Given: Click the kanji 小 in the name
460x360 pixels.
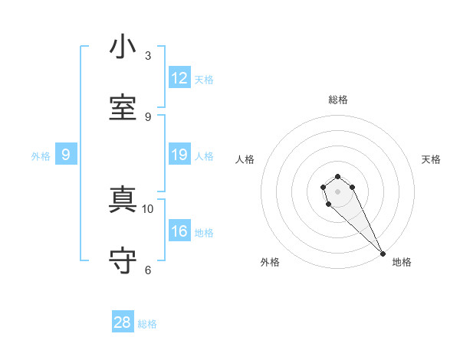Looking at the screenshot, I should pyautogui.click(x=123, y=47).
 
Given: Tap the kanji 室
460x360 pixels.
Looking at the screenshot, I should pyautogui.click(x=123, y=107).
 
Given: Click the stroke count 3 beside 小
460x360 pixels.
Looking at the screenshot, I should pyautogui.click(x=148, y=56).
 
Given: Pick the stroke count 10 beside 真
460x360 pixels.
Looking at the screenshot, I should pyautogui.click(x=148, y=208).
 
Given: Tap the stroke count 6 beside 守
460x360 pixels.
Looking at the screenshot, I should pyautogui.click(x=148, y=270).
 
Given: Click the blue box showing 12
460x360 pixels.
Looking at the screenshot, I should pyautogui.click(x=179, y=78).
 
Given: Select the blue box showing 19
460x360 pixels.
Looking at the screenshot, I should pyautogui.click(x=179, y=155).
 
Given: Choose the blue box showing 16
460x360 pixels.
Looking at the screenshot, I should pyautogui.click(x=179, y=231).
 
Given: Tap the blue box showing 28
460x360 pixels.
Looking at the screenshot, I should pyautogui.click(x=123, y=322).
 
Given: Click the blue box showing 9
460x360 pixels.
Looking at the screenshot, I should pyautogui.click(x=66, y=155).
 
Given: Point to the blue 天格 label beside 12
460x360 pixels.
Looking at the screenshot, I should pyautogui.click(x=204, y=80).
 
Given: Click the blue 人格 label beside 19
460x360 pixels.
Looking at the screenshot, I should pyautogui.click(x=204, y=156).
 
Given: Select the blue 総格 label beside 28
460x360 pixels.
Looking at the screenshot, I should pyautogui.click(x=147, y=324).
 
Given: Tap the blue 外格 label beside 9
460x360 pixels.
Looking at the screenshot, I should pyautogui.click(x=41, y=156).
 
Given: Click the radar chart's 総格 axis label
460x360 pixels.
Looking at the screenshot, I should pyautogui.click(x=338, y=100).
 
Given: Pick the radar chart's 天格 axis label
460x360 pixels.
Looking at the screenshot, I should pyautogui.click(x=431, y=159).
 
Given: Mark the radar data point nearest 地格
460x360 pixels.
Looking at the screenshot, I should pyautogui.click(x=383, y=254).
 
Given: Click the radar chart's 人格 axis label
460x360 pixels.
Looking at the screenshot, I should pyautogui.click(x=245, y=159).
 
